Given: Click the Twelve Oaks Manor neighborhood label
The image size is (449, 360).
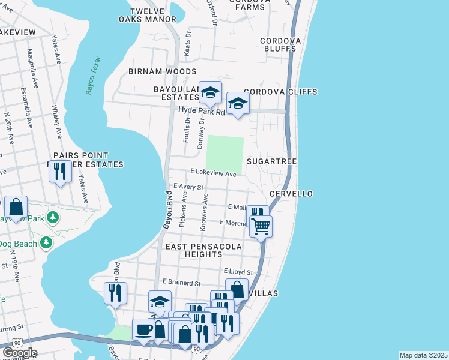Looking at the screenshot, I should tap(147, 15).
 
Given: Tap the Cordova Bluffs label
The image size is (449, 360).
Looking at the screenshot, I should tap(280, 45).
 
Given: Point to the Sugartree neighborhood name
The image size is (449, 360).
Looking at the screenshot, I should tap(276, 162).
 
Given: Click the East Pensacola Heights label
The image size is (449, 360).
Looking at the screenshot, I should tap(203, 251).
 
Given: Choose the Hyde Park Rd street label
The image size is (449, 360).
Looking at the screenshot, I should tap(201, 111).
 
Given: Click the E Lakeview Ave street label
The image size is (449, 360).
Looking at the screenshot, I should tap(213, 173).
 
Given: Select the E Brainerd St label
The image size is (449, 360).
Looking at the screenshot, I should tap(181, 282).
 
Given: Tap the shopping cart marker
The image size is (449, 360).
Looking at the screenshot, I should tap(261, 226).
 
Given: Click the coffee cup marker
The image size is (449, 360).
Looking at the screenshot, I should tap(143, 329).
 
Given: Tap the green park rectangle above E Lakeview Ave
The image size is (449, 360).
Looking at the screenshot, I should tap(225, 152).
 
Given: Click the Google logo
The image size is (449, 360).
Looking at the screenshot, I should tap(19, 353).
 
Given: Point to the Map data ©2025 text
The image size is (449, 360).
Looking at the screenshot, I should tap(423, 355).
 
